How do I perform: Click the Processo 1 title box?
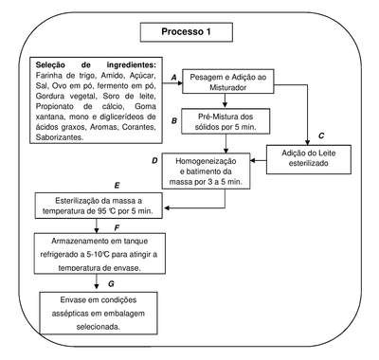(187, 32)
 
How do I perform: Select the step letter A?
(173, 77)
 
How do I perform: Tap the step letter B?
(174, 121)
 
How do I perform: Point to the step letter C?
(321, 135)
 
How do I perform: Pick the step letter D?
(154, 161)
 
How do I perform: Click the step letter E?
(117, 186)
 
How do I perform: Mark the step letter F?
(117, 228)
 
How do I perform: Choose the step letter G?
(111, 284)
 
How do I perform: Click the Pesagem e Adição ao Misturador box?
(228, 81)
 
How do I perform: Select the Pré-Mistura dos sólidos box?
(226, 121)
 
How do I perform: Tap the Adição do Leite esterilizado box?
(309, 159)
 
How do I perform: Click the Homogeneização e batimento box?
(206, 171)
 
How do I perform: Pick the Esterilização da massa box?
(99, 206)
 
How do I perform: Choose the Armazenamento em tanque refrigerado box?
(99, 254)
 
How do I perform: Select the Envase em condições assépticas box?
(99, 313)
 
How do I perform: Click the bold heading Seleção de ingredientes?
(96, 65)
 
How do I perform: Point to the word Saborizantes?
(60, 137)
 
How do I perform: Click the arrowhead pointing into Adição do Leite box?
(307, 142)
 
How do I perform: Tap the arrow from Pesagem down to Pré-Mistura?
(225, 101)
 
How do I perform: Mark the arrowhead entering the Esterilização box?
(166, 208)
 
